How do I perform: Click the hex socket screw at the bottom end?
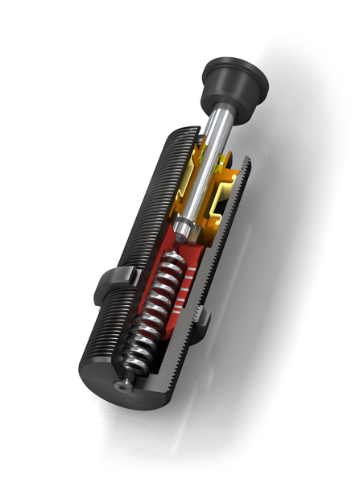123,386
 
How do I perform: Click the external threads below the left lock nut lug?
101,338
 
